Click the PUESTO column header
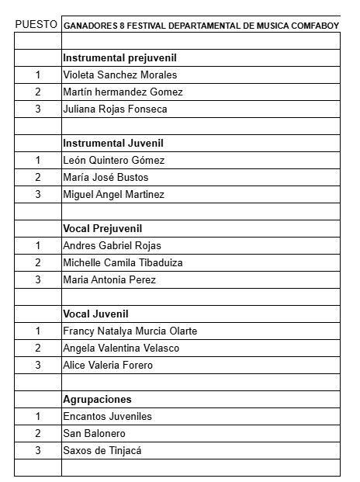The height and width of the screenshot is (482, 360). click(x=36, y=24)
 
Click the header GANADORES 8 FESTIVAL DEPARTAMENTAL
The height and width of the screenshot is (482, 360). click(x=200, y=25)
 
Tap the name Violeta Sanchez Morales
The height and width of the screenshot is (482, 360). click(x=120, y=75)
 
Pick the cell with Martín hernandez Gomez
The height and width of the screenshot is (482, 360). click(x=123, y=92)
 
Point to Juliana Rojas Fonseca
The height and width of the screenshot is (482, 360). click(x=115, y=109)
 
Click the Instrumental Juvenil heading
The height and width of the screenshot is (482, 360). click(x=112, y=144)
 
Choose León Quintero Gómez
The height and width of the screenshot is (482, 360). click(x=113, y=161)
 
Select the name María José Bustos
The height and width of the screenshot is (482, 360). click(x=106, y=178)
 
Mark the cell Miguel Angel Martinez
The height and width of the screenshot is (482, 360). click(x=113, y=195)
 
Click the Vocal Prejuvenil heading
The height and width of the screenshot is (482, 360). click(x=107, y=229)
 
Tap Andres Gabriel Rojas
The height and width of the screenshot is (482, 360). click(x=112, y=246)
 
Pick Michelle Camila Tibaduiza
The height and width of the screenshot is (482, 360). click(x=123, y=263)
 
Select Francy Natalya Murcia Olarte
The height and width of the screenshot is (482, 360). click(x=130, y=331)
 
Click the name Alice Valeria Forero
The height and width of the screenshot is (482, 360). click(x=108, y=366)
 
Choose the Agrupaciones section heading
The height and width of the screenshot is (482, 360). click(x=97, y=400)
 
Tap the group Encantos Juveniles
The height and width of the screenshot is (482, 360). click(x=107, y=417)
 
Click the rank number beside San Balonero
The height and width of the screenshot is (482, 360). click(x=37, y=434)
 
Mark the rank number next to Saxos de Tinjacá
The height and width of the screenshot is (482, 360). click(x=37, y=451)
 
